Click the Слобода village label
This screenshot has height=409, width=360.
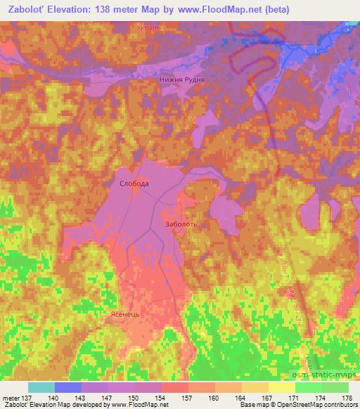[x=132, y=183]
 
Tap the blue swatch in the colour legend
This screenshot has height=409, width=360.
[x=68, y=387]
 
